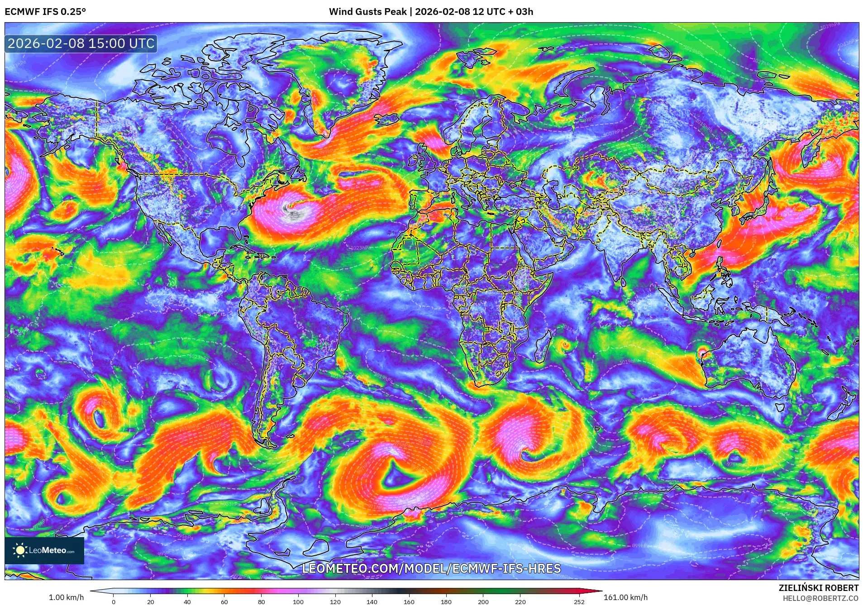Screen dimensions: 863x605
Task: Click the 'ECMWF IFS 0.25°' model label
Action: pos(45,12)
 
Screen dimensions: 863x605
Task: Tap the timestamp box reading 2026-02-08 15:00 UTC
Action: pos(81,43)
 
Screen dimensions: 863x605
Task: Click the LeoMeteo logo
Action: pos(44,550)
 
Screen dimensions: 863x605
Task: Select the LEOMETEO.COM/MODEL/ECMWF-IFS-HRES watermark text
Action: pos(431,568)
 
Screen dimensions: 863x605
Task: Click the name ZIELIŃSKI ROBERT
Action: pos(818,588)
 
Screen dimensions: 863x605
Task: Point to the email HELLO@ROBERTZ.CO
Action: pos(820,598)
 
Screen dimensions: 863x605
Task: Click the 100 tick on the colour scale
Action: pos(298,601)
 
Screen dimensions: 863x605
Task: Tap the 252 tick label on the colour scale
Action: pos(579,601)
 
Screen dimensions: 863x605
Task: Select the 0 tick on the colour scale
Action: pos(114,601)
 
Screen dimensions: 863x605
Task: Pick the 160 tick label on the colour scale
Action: pos(409,601)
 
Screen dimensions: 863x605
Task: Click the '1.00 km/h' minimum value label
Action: pos(66,597)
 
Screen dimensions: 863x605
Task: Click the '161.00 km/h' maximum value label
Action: pos(625,597)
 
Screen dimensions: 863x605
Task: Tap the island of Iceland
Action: pos(386,119)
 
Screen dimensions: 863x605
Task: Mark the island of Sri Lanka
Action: pos(623,282)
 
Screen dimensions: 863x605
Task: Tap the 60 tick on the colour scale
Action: pos(224,601)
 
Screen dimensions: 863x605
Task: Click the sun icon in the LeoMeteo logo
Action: pos(20,550)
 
